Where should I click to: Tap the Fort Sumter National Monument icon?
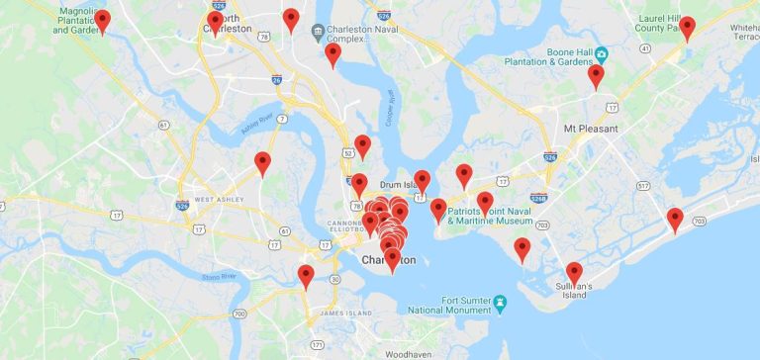[501, 301]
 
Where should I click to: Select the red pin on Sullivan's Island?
[574, 272]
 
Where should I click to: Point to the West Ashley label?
[219, 200]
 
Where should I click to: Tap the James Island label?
[344, 314]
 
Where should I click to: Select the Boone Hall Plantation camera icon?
[601, 51]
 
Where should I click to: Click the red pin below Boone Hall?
[596, 75]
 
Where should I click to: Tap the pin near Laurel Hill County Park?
[687, 27]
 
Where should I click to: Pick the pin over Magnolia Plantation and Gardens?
[102, 20]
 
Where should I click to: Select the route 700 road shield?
[239, 314]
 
